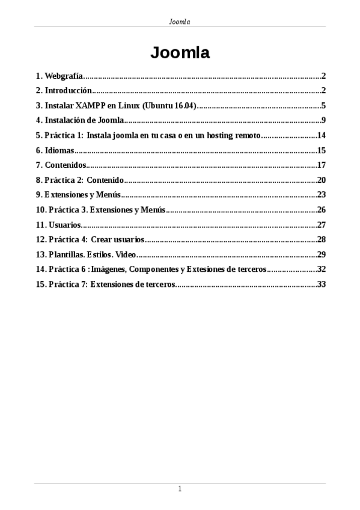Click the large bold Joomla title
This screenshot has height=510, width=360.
(180, 53)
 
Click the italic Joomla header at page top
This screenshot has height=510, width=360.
(180, 22)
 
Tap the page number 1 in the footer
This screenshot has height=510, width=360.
(180, 489)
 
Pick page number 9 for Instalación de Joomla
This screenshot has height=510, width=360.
(323, 120)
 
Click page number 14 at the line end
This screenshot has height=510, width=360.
(321, 135)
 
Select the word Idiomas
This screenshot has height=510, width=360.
(58, 150)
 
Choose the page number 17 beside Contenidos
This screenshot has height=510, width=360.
(321, 165)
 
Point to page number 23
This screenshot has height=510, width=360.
(321, 195)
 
